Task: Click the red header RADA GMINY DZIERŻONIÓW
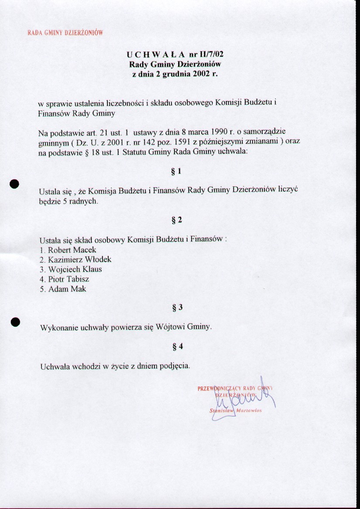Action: pos(65,33)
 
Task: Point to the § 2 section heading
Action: pos(177,220)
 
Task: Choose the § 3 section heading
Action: pos(177,308)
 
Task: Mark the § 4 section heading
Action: pos(177,347)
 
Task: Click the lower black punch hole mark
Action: pos(16,321)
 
